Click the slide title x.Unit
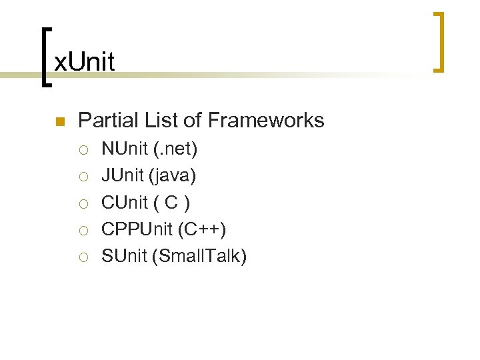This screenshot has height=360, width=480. [84, 62]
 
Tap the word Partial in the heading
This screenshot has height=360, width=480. [105, 120]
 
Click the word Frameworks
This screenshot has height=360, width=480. [266, 120]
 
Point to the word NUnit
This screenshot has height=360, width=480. [124, 149]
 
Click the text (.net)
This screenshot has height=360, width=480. [175, 149]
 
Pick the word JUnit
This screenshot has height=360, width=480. [123, 175]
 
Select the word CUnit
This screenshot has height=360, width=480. [123, 202]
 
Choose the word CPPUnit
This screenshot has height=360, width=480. [137, 229]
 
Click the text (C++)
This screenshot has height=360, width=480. [203, 229]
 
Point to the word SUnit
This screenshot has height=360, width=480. [123, 255]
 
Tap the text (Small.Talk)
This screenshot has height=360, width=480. [199, 255]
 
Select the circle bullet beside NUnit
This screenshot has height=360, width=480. [83, 150]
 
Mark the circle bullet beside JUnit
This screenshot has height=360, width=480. [83, 177]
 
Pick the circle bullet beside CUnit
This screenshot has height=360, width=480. [83, 203]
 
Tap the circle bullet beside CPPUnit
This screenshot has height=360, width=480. [83, 230]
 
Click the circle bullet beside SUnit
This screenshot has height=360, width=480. [83, 257]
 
